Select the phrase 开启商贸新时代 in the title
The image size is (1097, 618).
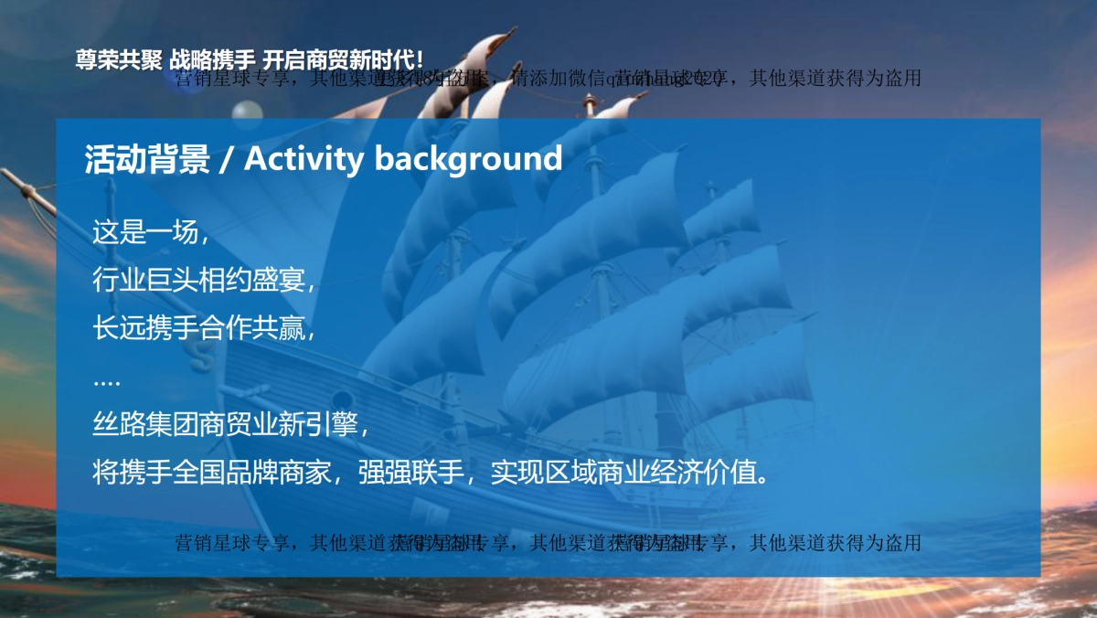point(338,60)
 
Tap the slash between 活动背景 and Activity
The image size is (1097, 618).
point(226,160)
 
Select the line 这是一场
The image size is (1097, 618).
point(146,232)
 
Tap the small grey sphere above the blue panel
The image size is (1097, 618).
point(246,111)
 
